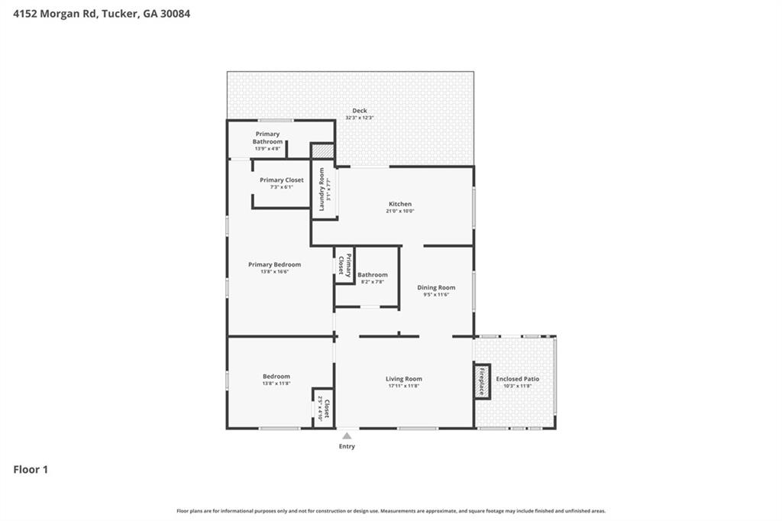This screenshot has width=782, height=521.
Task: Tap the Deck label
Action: (x=359, y=111)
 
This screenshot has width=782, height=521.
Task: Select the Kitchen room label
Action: (x=400, y=204)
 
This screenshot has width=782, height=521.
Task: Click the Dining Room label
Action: (x=436, y=288)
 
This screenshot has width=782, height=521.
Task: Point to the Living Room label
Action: (x=403, y=379)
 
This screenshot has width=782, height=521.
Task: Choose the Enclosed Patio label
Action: (x=517, y=379)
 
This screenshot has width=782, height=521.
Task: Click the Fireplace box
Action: (x=482, y=380)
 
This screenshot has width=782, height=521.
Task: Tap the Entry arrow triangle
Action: (x=347, y=436)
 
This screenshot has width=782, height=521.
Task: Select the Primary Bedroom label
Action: (x=274, y=265)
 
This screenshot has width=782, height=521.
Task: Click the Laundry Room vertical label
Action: (x=322, y=189)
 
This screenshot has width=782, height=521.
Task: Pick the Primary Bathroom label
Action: (x=267, y=138)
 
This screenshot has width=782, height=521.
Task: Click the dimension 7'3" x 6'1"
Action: (x=281, y=187)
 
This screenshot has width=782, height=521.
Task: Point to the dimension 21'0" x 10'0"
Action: (x=400, y=212)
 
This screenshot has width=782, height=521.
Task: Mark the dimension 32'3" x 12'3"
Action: (x=359, y=118)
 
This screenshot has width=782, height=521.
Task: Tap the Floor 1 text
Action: (x=31, y=470)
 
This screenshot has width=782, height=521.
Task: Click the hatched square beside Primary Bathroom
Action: (x=322, y=151)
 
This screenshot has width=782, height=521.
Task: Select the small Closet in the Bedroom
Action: (x=324, y=408)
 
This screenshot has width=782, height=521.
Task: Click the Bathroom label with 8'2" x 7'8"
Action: (x=372, y=275)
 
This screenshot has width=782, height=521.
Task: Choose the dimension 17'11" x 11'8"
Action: (x=403, y=386)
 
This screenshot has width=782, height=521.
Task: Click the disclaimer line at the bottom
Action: (x=391, y=511)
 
